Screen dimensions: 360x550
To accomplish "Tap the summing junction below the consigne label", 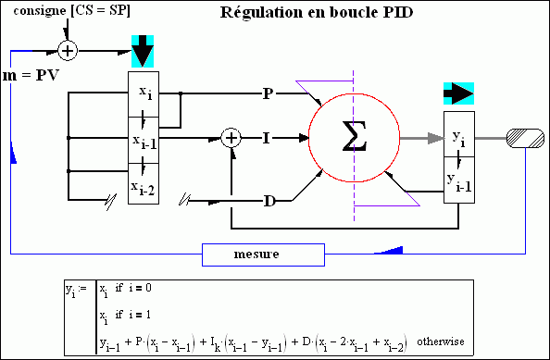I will (67, 49).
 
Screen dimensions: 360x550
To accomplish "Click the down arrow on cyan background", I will (143, 51).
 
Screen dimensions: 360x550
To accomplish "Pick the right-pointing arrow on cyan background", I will (458, 93).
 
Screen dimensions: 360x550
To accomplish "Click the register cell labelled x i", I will (143, 93).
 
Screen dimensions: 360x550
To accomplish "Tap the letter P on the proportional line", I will (268, 93).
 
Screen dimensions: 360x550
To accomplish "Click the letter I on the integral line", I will (267, 138).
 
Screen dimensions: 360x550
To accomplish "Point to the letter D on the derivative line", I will (268, 200).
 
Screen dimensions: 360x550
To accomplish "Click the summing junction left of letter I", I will (232, 138).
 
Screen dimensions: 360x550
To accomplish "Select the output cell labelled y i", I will (458, 137).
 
